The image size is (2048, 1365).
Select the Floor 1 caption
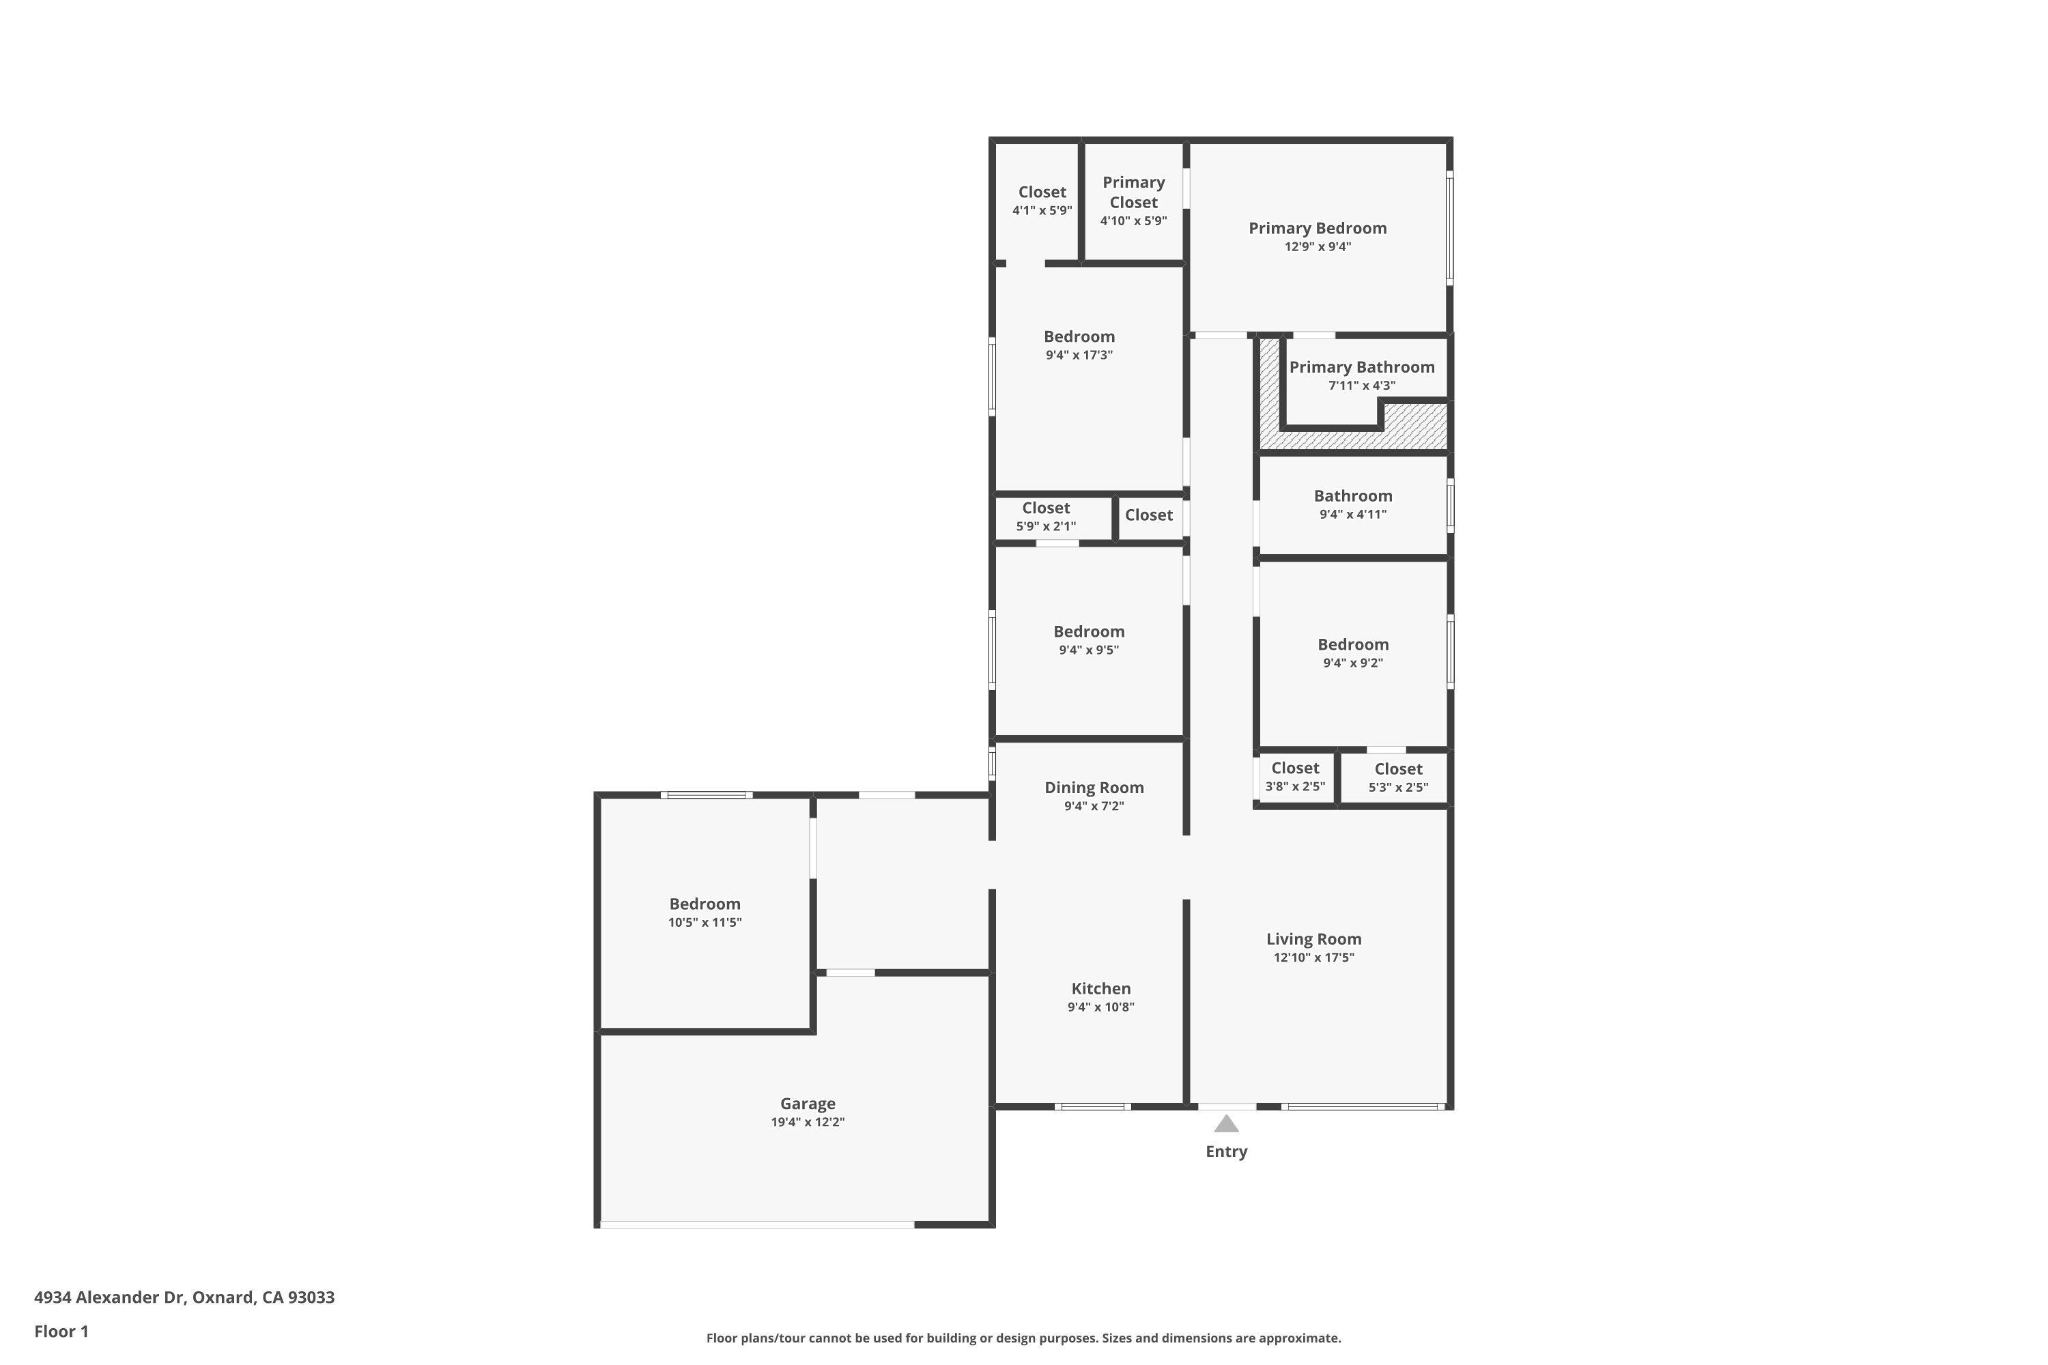61,1331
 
